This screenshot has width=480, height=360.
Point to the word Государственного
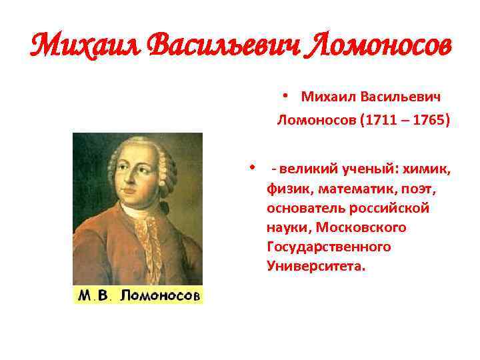pyautogui.click(x=329, y=247)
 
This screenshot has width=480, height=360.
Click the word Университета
pyautogui.click(x=316, y=266)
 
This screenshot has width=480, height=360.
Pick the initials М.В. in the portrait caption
pyautogui.click(x=93, y=295)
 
